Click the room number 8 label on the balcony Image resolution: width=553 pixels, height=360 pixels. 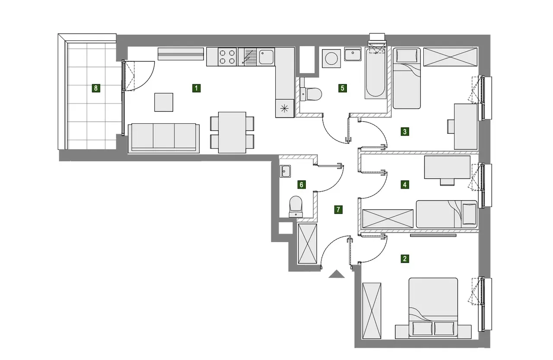[x=96, y=88]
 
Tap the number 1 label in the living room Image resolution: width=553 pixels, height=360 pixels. [x=196, y=88]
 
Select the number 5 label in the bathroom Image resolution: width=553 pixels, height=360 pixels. [x=343, y=88]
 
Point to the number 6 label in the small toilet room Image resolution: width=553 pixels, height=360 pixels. [x=302, y=184]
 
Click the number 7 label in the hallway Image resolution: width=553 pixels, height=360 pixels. [x=338, y=210]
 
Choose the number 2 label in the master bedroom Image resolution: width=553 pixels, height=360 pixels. [x=405, y=259]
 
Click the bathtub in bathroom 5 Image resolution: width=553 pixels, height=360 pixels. [x=375, y=73]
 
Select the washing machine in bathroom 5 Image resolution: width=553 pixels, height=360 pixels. [x=331, y=58]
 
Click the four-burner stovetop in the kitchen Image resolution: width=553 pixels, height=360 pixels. [x=227, y=57]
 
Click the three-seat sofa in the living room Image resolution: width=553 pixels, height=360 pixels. [x=164, y=138]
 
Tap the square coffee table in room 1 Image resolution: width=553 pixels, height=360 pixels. [x=164, y=102]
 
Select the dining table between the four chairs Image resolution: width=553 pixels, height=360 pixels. [x=232, y=133]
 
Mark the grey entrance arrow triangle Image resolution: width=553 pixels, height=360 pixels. [x=336, y=275]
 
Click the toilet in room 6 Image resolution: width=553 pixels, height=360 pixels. [x=296, y=207]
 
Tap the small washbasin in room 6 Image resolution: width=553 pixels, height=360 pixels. [x=286, y=171]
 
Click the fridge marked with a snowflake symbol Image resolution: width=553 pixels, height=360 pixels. [x=285, y=108]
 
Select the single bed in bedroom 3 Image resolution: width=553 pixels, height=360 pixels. [x=407, y=78]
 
